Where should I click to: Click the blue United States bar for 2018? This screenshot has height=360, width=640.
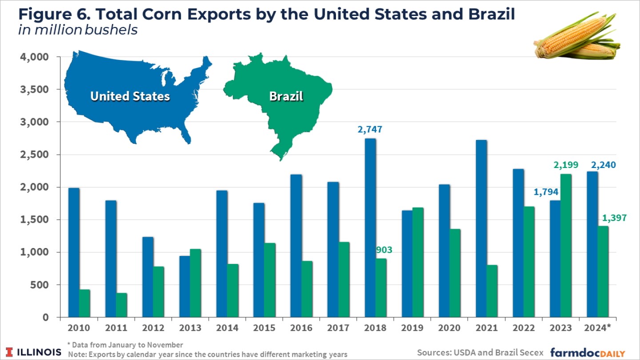tap(370, 228)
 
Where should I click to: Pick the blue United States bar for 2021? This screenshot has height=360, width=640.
tap(481, 229)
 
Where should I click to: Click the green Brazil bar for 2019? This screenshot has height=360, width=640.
tap(418, 262)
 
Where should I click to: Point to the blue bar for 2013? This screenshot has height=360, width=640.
tap(185, 287)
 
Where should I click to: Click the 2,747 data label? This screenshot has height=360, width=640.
tap(370, 130)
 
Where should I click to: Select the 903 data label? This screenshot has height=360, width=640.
tap(383, 249)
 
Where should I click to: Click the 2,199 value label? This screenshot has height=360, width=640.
tap(566, 165)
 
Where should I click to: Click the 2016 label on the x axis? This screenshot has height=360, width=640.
tap(301, 328)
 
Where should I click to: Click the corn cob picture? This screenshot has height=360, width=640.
tap(576, 37)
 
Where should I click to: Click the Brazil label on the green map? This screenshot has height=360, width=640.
tap(286, 96)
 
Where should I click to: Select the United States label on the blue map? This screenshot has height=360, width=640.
tap(130, 96)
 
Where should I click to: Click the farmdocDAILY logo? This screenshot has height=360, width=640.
tap(588, 352)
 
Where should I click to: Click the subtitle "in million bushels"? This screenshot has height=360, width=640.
tap(78, 30)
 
